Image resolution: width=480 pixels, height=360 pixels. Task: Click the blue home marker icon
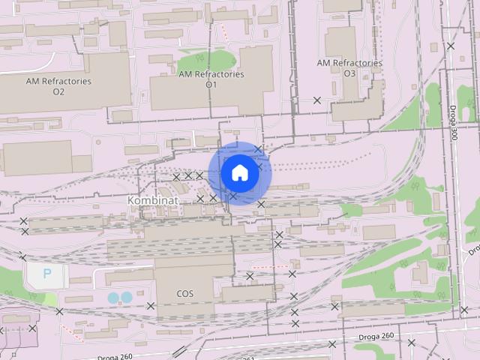(x=239, y=172)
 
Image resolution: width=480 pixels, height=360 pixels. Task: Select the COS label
(x=184, y=293)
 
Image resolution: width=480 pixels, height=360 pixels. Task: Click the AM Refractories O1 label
(x=211, y=79)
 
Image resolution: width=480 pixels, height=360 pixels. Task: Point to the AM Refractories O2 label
(x=58, y=86)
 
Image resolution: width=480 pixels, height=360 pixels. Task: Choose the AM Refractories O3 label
(x=349, y=68)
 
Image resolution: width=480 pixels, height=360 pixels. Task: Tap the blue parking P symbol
(x=47, y=274)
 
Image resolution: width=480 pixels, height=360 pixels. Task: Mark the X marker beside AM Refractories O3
(x=317, y=100)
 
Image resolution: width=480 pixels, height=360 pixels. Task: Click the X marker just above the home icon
(x=259, y=149)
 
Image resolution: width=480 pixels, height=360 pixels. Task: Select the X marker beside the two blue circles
(x=151, y=305)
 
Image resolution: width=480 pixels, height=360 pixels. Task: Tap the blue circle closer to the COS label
(x=127, y=298)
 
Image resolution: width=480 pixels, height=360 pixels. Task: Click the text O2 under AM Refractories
(x=58, y=91)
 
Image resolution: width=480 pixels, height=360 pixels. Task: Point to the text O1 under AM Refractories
(x=211, y=85)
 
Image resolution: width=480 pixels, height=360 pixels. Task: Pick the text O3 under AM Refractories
(x=349, y=73)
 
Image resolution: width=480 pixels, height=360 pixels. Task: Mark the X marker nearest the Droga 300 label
(x=451, y=46)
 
